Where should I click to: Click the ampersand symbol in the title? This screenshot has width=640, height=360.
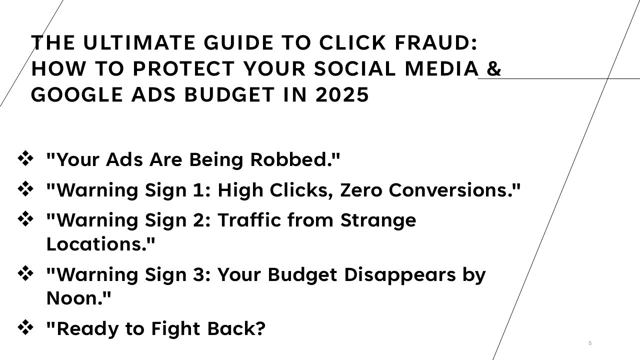point(493,69)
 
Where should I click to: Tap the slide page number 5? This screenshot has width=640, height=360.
point(590,343)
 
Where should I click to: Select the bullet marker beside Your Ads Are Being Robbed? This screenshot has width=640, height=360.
point(25,159)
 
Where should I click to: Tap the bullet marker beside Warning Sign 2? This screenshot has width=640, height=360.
point(25,219)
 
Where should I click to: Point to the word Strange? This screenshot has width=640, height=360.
point(378,220)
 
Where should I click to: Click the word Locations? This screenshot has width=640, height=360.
point(100,244)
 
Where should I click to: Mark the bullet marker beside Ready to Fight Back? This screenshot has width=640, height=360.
point(25,328)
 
